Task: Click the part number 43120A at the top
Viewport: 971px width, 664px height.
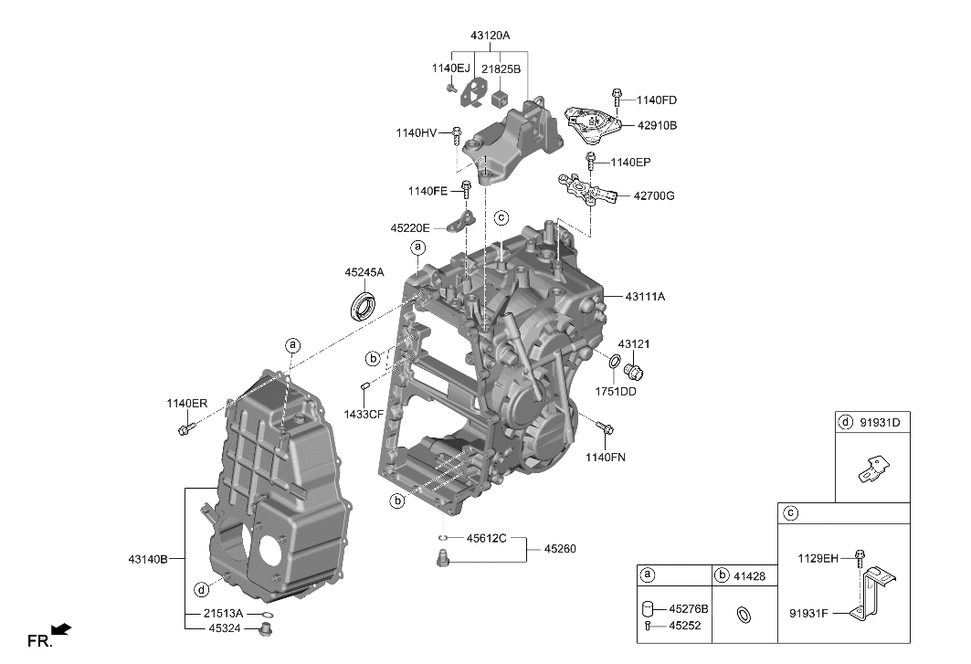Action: click(x=490, y=36)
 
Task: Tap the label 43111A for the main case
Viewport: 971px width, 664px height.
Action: click(x=645, y=297)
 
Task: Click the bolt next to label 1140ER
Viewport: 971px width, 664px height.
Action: click(x=187, y=428)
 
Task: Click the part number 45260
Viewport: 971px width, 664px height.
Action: click(x=560, y=549)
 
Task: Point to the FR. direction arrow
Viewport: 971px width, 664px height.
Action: click(x=61, y=629)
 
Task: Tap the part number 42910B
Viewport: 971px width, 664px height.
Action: click(x=656, y=125)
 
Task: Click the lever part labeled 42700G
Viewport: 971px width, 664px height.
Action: click(x=585, y=190)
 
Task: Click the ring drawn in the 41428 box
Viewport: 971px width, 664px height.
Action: click(x=744, y=615)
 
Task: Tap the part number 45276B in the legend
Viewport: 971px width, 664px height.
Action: click(x=688, y=608)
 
